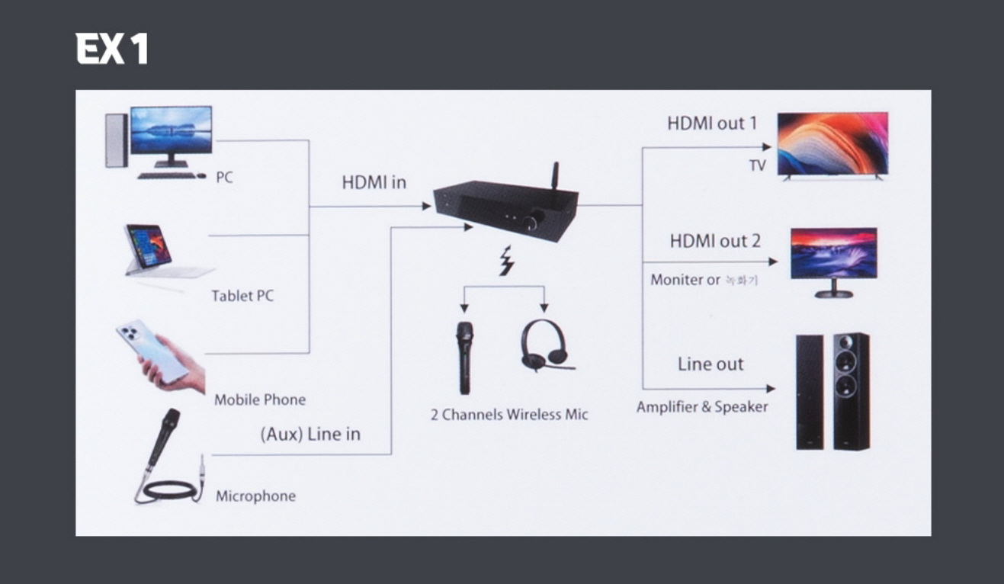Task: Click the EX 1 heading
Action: click(112, 50)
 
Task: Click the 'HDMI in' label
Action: click(374, 183)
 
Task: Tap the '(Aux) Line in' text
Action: click(310, 434)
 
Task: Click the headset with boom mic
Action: click(544, 346)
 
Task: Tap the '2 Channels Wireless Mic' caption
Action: click(509, 415)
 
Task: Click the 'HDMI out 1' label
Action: click(712, 124)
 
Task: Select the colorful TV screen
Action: click(832, 143)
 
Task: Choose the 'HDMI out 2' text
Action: click(715, 242)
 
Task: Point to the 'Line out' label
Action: click(710, 364)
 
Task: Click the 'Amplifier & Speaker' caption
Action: click(702, 407)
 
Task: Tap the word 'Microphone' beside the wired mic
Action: click(255, 496)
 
